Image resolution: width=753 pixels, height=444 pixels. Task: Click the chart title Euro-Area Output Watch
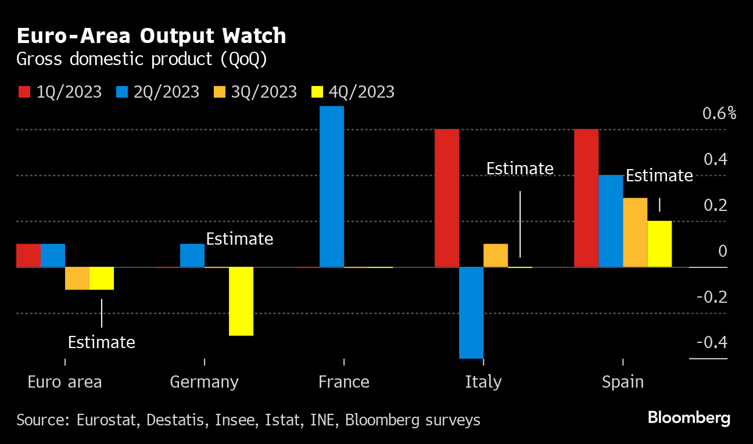pyautogui.click(x=152, y=36)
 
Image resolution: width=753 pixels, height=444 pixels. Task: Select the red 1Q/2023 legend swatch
pyautogui.click(x=24, y=92)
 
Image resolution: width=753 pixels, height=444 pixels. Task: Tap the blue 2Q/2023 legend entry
pyautogui.click(x=157, y=92)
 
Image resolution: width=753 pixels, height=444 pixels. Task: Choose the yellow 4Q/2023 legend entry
pyautogui.click(x=352, y=92)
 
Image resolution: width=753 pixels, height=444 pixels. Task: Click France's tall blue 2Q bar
pyautogui.click(x=332, y=186)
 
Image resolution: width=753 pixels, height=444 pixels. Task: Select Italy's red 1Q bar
pyautogui.click(x=447, y=198)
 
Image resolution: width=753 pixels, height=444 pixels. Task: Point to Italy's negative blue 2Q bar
pyautogui.click(x=471, y=313)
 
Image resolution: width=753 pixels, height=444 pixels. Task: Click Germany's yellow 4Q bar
pyautogui.click(x=241, y=301)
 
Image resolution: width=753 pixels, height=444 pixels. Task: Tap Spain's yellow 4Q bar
pyautogui.click(x=659, y=244)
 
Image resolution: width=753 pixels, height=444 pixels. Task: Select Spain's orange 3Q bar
pyautogui.click(x=635, y=232)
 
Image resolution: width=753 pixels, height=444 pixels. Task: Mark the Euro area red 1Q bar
pyautogui.click(x=28, y=255)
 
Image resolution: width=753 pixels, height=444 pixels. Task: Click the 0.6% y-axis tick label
pyautogui.click(x=719, y=113)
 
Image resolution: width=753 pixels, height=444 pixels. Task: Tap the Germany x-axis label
pyautogui.click(x=204, y=382)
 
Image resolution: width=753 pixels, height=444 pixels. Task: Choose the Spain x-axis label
pyautogui.click(x=623, y=382)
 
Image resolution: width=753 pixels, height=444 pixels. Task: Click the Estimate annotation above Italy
pyautogui.click(x=519, y=169)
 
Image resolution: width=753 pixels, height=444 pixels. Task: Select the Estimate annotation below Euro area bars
pyautogui.click(x=101, y=342)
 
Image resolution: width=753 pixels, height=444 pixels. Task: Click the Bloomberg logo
pyautogui.click(x=689, y=418)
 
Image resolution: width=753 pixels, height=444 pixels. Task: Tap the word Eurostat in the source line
pyautogui.click(x=108, y=420)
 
